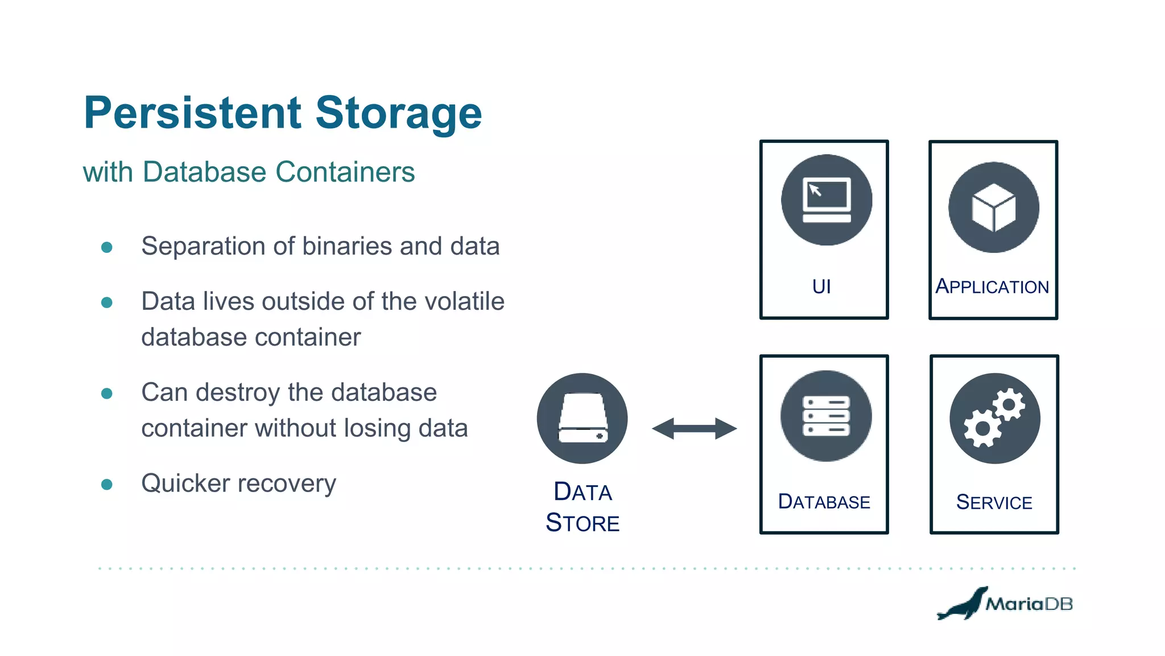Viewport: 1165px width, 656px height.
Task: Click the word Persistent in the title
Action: point(192,113)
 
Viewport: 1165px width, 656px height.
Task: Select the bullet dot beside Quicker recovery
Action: point(106,485)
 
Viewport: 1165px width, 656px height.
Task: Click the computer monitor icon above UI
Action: point(826,200)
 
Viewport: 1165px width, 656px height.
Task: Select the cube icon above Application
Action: point(993,207)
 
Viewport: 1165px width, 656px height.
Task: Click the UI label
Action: point(821,286)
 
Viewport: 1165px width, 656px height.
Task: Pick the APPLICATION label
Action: point(992,286)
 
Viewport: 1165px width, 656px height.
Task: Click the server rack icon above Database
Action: point(825,416)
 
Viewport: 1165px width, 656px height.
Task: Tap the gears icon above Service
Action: point(994,419)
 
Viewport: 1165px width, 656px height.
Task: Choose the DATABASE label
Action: point(824,502)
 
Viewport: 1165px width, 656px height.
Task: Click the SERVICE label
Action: point(994,502)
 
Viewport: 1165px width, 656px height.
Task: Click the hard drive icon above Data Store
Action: point(582,419)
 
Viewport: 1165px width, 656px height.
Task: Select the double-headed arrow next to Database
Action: point(694,428)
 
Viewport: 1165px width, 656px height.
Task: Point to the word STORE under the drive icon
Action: point(582,523)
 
